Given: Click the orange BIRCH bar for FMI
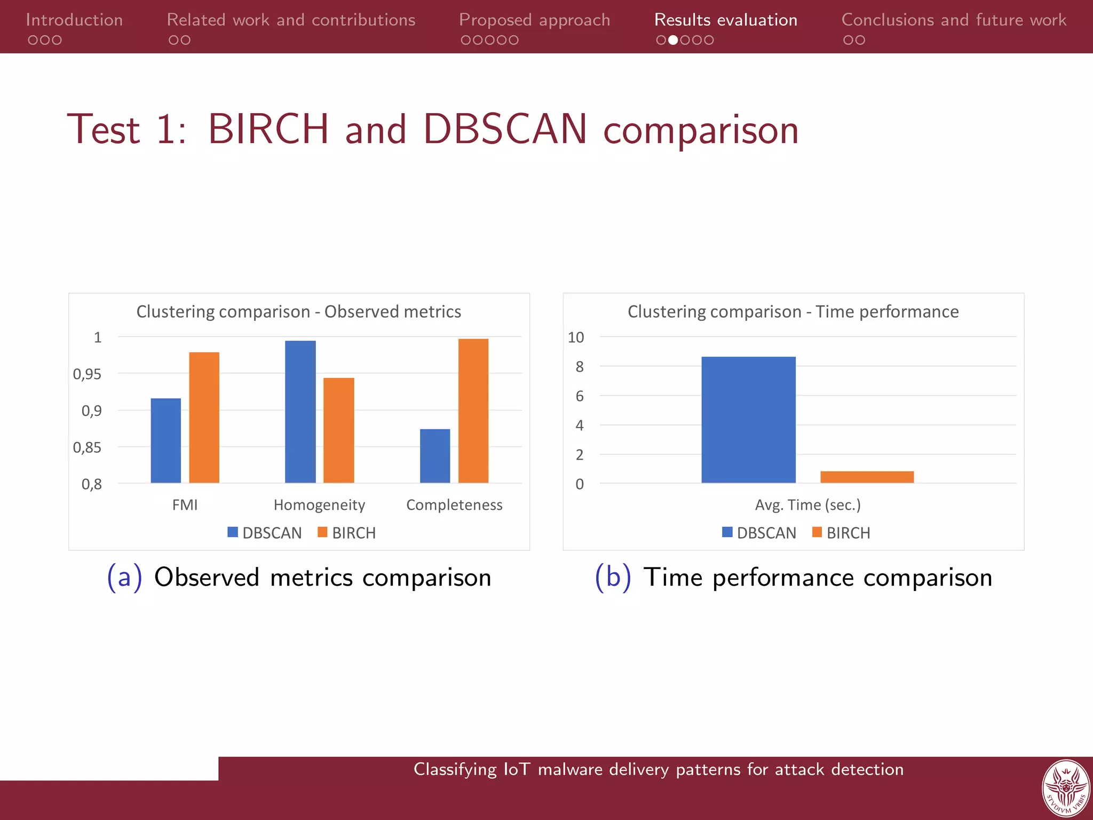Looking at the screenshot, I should point(204,417).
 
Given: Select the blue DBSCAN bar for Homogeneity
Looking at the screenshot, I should point(300,412).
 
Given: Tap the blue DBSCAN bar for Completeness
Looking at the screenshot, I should point(435,456).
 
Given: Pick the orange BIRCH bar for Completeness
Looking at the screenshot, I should point(473,411).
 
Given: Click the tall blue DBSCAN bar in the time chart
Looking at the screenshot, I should point(748,420).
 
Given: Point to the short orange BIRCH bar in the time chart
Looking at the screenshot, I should point(867,477).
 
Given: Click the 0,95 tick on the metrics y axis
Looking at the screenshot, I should point(87,374).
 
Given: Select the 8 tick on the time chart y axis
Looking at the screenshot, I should point(580,367).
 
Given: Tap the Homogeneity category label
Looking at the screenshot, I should point(319,504).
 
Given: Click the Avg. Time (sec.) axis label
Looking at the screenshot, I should point(807,504).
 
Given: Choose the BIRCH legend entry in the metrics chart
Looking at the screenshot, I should point(347,533).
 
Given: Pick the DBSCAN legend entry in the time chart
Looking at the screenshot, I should point(759,533).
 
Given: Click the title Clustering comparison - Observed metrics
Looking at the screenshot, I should point(298,311).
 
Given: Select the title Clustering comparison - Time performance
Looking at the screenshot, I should point(793,311).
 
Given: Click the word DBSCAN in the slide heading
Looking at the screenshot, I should point(505,129).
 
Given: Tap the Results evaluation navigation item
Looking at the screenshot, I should point(725,20).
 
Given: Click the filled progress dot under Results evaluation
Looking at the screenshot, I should point(673,40).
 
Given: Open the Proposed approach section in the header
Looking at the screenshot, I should point(534,20).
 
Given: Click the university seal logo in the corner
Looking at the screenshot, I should point(1065,789).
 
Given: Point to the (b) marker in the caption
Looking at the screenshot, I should point(613,577).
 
